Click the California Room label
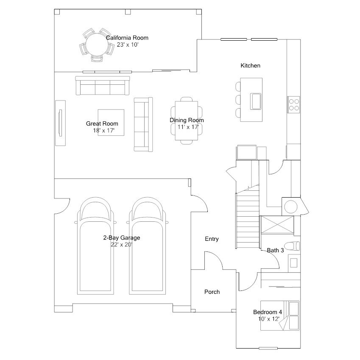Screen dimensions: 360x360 pos(127,38)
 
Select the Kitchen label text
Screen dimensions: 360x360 pos(250,66)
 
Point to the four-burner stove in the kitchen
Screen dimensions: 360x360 pos(293,104)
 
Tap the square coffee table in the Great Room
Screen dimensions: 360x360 pos(111,122)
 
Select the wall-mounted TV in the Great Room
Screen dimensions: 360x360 pos(60,123)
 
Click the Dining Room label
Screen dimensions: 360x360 pos(187,120)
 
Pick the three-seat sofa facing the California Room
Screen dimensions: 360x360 pos(102,86)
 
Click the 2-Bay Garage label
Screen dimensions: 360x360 pos(121,238)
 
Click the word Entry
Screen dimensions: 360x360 pos(212,239)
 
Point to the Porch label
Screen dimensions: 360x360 pos(212,292)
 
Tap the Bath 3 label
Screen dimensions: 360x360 pos(275,250)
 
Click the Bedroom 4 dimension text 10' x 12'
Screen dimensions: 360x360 pos(268,319)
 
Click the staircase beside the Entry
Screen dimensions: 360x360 pos(247,218)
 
